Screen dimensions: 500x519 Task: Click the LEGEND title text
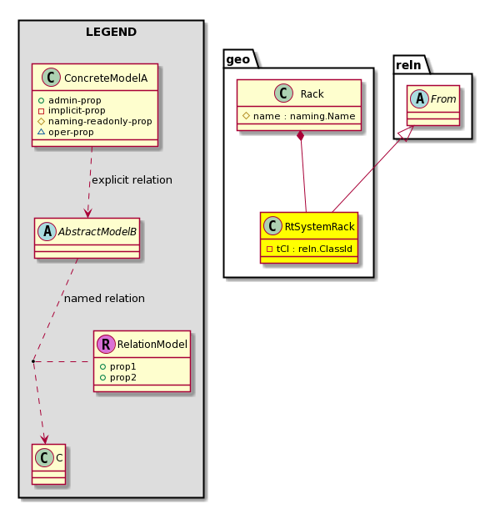111,32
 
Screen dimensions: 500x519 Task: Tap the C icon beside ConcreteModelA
51,77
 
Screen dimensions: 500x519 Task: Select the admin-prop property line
70,100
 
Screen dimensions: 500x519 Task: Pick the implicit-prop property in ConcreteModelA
72,110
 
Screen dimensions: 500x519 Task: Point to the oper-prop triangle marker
41,132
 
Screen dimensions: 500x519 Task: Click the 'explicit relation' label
132,180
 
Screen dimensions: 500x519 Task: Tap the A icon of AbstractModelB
47,231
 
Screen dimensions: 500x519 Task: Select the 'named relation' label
104,299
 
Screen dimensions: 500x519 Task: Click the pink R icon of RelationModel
106,344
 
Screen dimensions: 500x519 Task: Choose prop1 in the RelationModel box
117,366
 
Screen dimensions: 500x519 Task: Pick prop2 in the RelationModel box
117,377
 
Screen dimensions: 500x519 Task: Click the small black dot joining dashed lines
33,361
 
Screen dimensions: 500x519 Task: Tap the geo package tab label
238,59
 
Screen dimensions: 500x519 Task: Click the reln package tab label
408,65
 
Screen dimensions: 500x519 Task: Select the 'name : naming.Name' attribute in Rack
299,116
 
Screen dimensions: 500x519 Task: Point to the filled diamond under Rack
300,136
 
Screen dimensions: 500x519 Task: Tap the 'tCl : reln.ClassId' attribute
309,249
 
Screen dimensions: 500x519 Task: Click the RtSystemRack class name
319,227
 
